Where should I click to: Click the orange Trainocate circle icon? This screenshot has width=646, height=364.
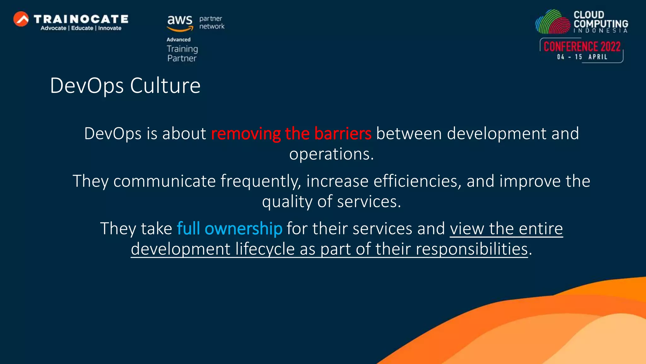tap(21, 19)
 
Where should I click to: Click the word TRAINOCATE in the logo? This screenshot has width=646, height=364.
tap(81, 19)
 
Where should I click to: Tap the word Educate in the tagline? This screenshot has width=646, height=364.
tap(82, 28)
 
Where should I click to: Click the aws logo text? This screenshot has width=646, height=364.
tap(179, 20)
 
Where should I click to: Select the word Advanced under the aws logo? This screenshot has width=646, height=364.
tap(179, 39)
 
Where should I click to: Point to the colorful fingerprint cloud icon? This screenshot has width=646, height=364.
tap(553, 22)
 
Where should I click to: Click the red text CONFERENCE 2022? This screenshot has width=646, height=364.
tap(582, 46)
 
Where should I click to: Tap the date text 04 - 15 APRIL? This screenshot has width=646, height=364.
tap(582, 57)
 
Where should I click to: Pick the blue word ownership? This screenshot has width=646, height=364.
tap(243, 228)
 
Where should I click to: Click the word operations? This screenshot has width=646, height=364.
tap(331, 154)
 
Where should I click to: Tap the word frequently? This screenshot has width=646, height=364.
tap(261, 181)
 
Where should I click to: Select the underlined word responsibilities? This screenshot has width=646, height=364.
tap(472, 249)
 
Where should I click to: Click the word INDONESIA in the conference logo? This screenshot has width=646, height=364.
tap(601, 31)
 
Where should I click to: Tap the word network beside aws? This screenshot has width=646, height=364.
tap(212, 27)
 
